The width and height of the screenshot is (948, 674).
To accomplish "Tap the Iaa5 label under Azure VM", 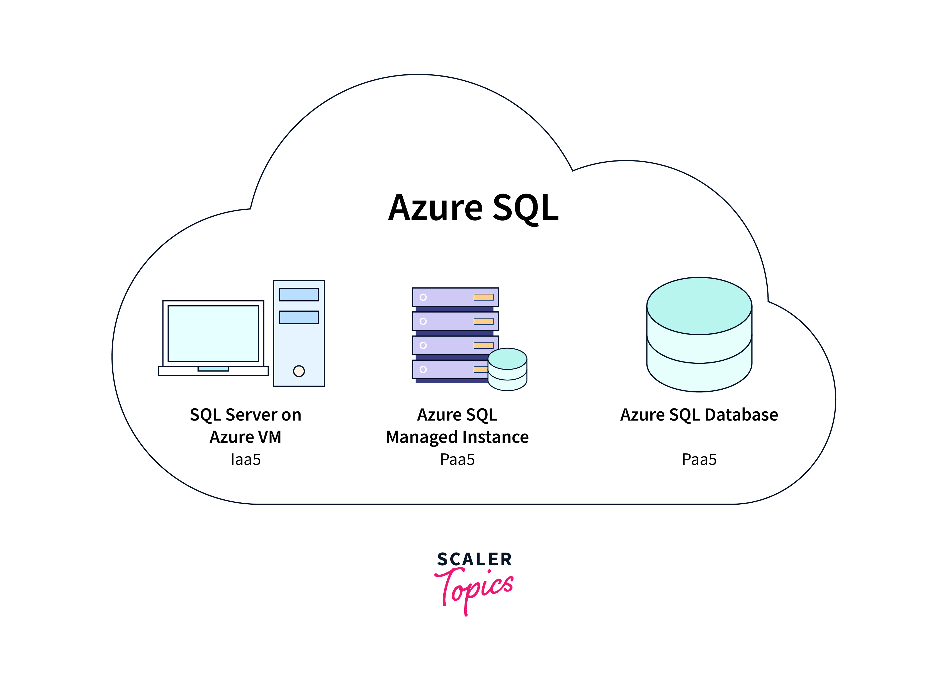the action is pyautogui.click(x=245, y=460).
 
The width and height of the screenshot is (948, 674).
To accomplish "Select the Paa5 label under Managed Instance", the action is pyautogui.click(x=457, y=460).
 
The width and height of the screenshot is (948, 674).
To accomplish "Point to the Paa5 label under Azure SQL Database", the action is pyautogui.click(x=699, y=460).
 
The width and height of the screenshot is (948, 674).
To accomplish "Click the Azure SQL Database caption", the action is pyautogui.click(x=699, y=415).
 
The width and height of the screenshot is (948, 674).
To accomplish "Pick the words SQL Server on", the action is pyautogui.click(x=245, y=415).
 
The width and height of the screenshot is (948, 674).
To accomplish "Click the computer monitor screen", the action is pyautogui.click(x=213, y=334).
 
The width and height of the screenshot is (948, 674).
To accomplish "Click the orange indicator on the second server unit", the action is pyautogui.click(x=483, y=321).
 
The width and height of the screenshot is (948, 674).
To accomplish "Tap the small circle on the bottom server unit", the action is pyautogui.click(x=423, y=369).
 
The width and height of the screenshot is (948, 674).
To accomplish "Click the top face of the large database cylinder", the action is pyautogui.click(x=699, y=306).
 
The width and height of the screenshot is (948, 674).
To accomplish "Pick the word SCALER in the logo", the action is pyautogui.click(x=474, y=560).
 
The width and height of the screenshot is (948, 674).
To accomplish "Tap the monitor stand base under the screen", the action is pyautogui.click(x=213, y=371).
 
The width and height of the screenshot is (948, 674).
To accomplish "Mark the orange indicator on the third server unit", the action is pyautogui.click(x=483, y=345).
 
